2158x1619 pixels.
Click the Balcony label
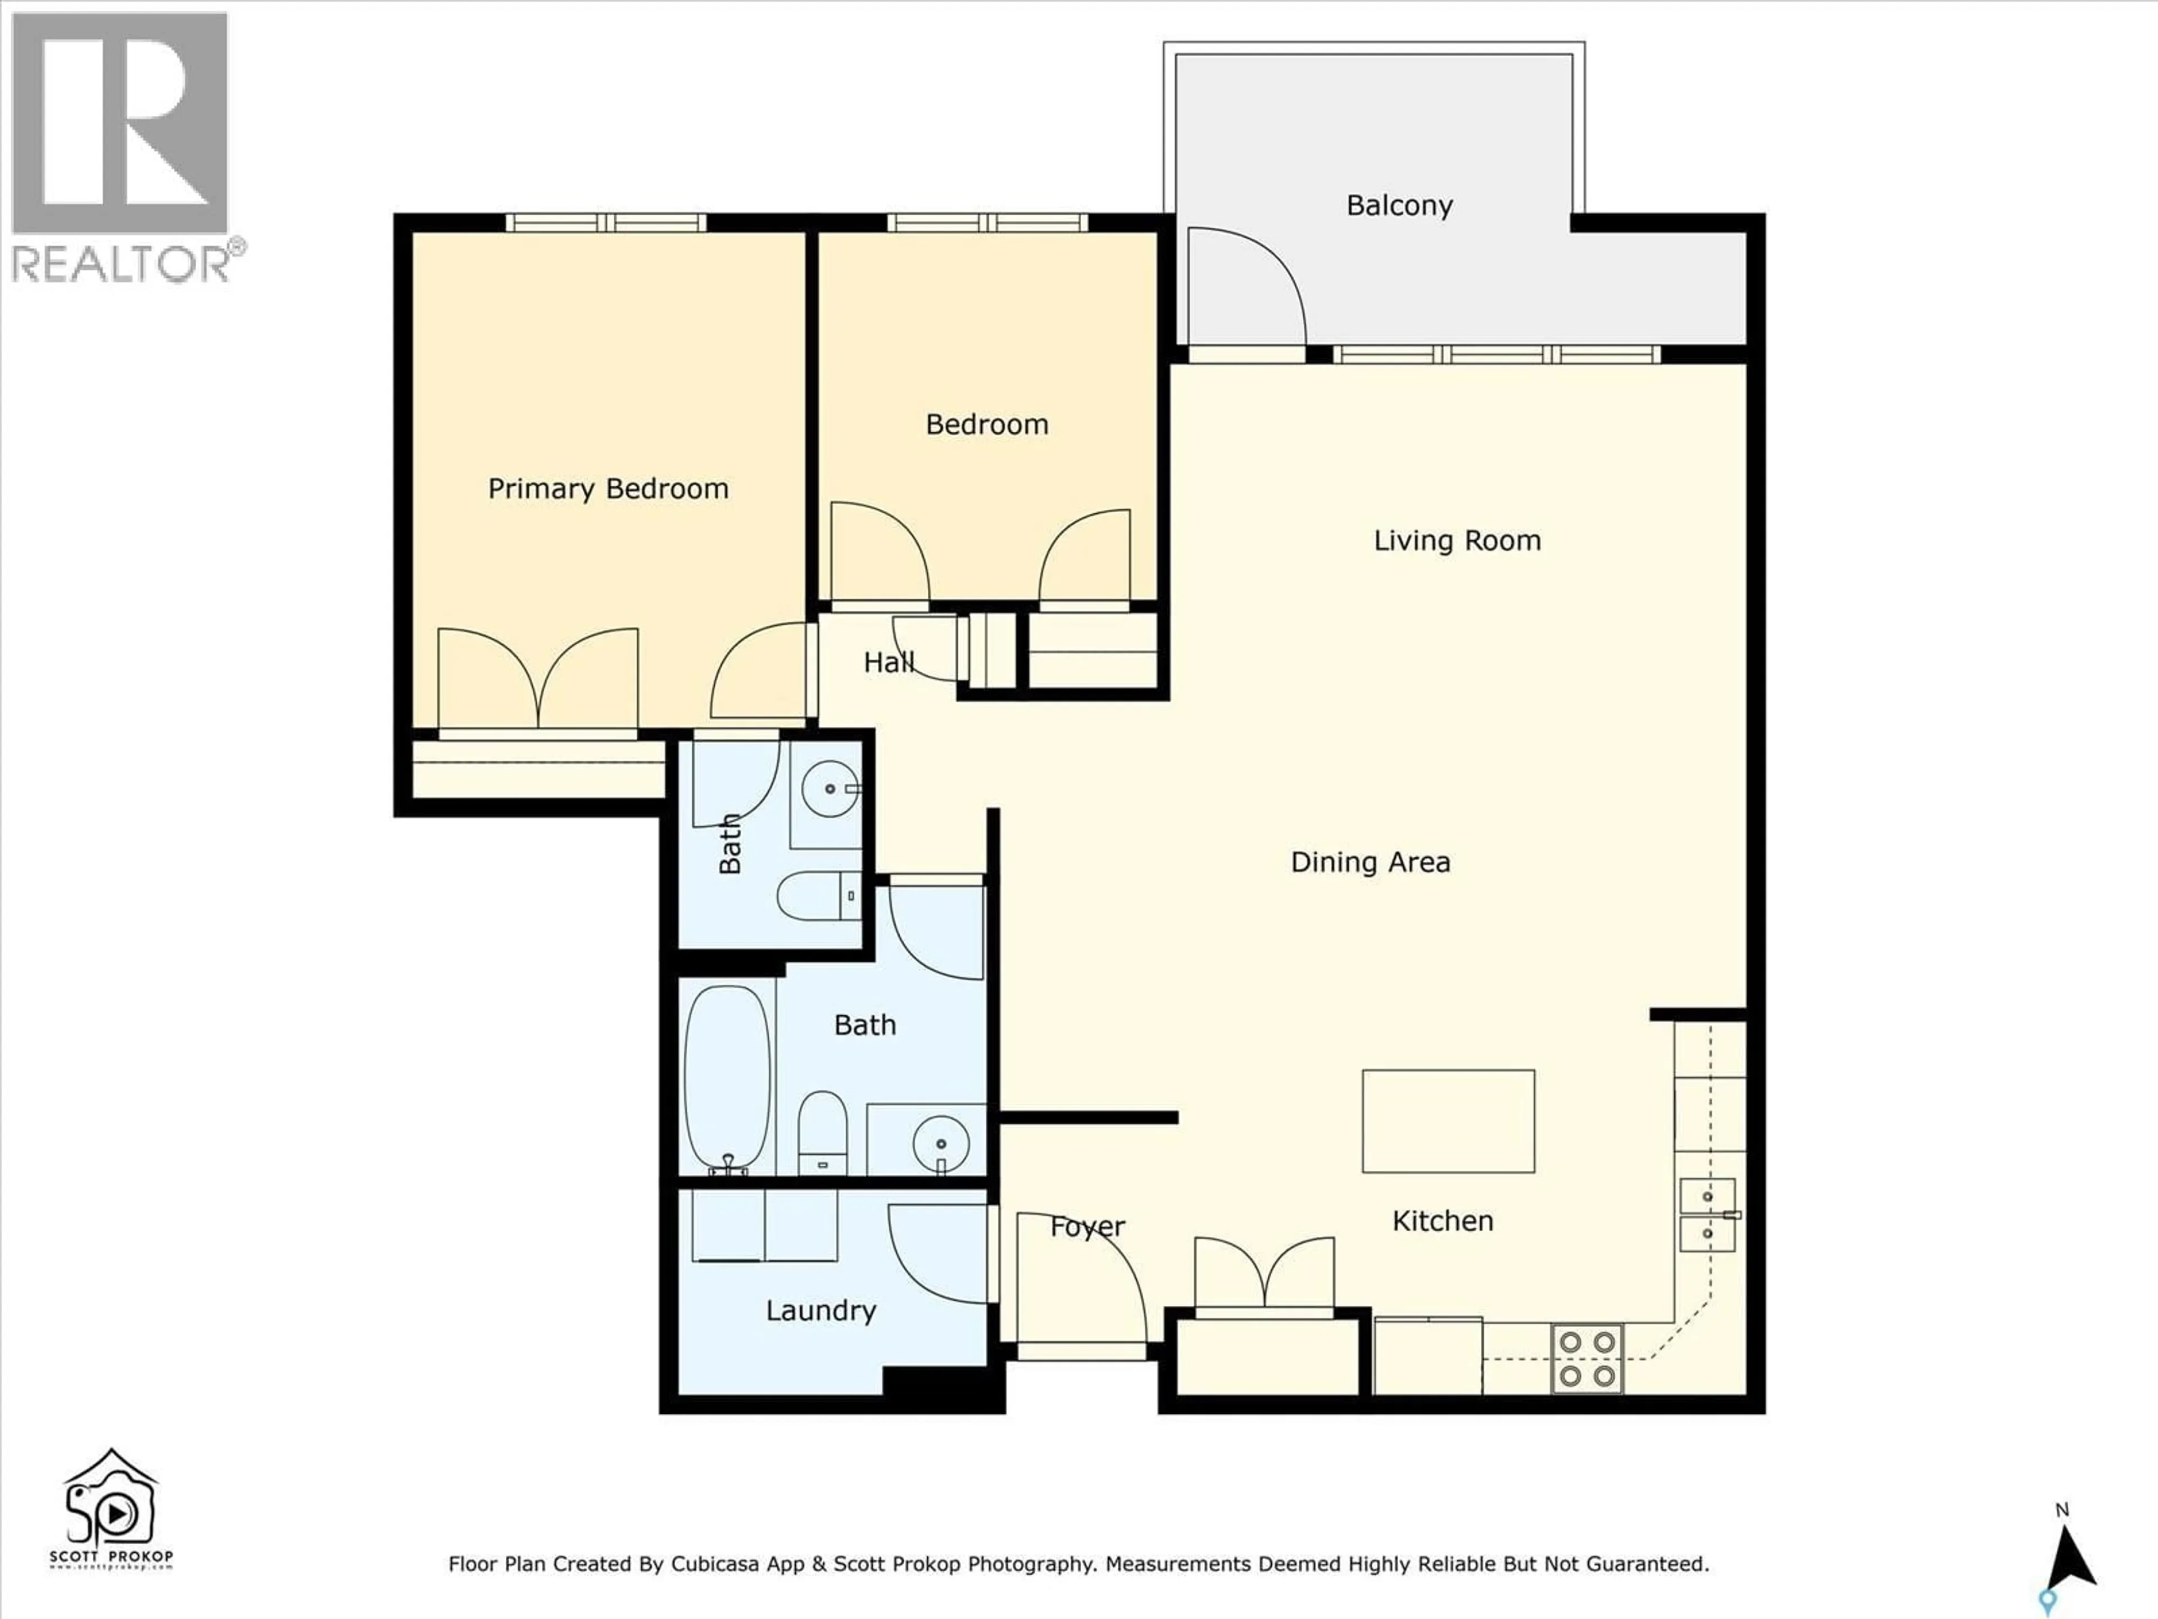(x=1399, y=205)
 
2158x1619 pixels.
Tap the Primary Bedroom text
(x=608, y=488)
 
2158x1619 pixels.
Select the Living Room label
(x=1457, y=540)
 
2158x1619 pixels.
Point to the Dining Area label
(x=1370, y=862)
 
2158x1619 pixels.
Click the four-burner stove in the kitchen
(x=1586, y=1358)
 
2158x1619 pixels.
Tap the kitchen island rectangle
(x=1448, y=1120)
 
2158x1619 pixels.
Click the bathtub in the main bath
(x=726, y=1078)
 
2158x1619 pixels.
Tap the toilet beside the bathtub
(x=822, y=1133)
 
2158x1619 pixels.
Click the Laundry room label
(x=820, y=1310)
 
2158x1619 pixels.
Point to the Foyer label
(x=1087, y=1227)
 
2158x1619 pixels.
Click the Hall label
(x=888, y=663)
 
